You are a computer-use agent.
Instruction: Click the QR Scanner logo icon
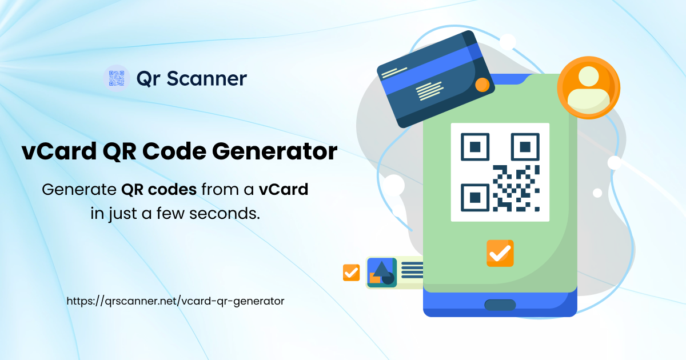click(x=117, y=78)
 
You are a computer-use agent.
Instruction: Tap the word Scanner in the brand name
click(x=206, y=78)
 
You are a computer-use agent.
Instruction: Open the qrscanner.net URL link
click(x=176, y=301)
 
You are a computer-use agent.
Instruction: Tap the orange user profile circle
click(x=588, y=87)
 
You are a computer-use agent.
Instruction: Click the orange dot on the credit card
click(x=482, y=85)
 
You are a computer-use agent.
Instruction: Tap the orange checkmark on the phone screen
click(x=500, y=253)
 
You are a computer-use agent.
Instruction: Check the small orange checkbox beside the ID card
click(x=351, y=273)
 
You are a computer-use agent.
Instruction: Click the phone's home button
click(x=500, y=305)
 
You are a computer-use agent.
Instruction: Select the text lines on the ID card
click(x=412, y=270)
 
